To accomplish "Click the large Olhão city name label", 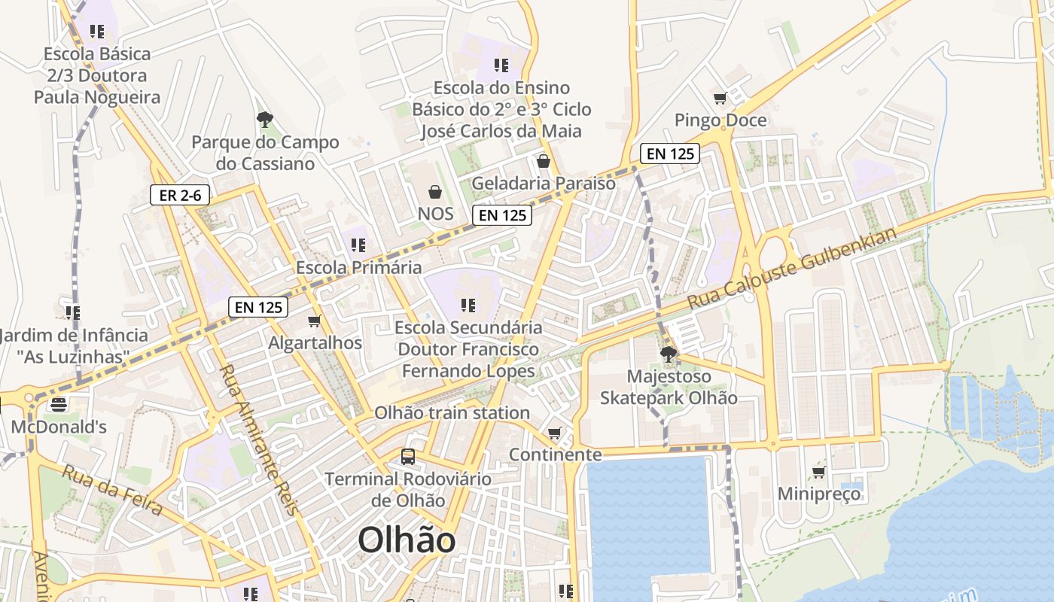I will click(x=407, y=540).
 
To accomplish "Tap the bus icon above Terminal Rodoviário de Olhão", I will click(x=407, y=456).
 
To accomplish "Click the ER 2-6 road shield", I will click(x=180, y=196).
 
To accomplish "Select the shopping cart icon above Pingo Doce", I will click(x=720, y=99).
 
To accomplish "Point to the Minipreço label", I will click(x=819, y=494).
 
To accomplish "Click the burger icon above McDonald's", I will click(x=59, y=405).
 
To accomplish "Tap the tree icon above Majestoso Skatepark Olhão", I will click(x=667, y=354).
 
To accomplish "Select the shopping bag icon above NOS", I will click(x=434, y=192).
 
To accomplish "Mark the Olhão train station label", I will click(x=452, y=413).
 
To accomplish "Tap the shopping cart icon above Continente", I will click(x=555, y=433).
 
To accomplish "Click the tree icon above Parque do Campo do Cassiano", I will click(x=264, y=119).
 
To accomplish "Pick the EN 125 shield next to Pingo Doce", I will click(x=670, y=154).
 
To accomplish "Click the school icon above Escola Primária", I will click(x=358, y=245).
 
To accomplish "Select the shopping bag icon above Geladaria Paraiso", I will click(x=543, y=161).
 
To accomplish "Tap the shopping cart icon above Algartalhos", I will click(x=315, y=321).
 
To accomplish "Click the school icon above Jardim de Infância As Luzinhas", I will click(x=72, y=312).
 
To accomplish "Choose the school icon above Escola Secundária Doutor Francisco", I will click(x=468, y=306).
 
